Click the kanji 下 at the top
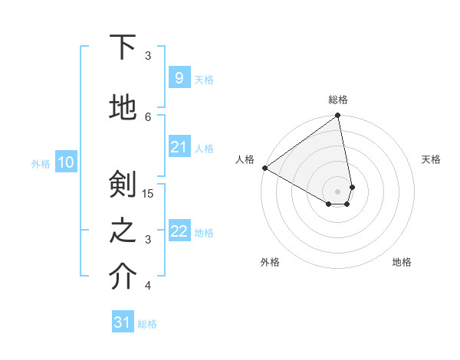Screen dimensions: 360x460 pos(123,47)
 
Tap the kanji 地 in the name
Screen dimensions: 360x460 pos(123,108)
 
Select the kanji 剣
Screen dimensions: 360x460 pos(123,185)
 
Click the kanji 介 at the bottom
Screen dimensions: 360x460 pos(123,278)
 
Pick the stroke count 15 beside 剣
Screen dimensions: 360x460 pos(149,193)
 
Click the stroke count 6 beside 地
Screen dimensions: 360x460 pos(148,116)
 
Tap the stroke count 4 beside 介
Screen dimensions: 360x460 pos(148,286)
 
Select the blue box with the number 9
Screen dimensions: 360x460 pos(179,77)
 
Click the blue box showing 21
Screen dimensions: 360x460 pos(179,147)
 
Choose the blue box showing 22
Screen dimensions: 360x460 pos(179,231)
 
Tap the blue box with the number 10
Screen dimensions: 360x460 pos(66,162)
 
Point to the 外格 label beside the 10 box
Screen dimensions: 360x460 pos(40,163)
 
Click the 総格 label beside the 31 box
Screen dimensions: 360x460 pos(147,324)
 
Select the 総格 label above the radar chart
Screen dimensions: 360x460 pos(337,100)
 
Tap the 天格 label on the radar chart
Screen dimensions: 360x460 pos(431,159)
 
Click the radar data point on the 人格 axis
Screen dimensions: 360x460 pos(264,167)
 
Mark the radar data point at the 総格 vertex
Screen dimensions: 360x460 pos(337,116)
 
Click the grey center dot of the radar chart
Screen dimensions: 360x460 pos(337,191)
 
